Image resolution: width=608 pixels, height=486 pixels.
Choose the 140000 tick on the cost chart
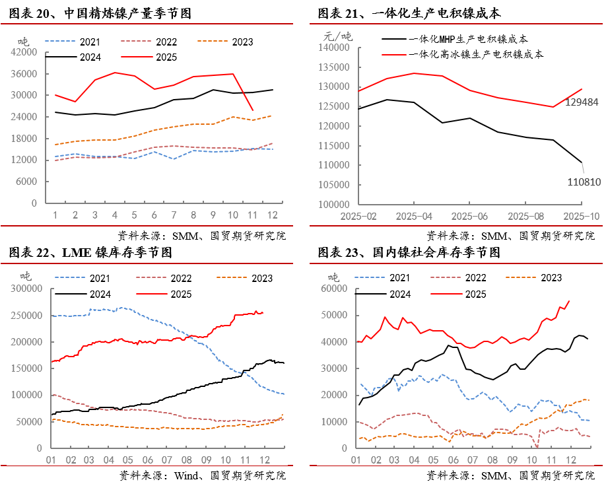(x=333, y=48)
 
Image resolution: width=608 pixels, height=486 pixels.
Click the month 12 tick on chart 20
(x=272, y=215)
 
